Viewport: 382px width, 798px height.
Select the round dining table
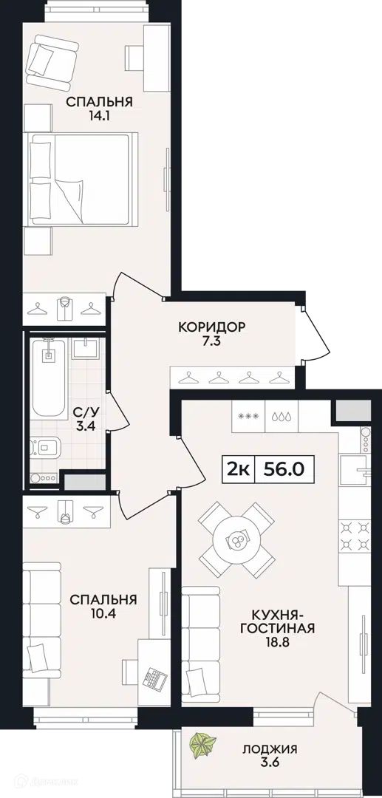pyautogui.click(x=236, y=539)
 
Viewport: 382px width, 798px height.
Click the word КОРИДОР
pyautogui.click(x=212, y=326)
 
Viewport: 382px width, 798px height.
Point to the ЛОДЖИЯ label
pyautogui.click(x=270, y=748)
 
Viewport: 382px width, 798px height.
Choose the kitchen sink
pyautogui.click(x=355, y=468)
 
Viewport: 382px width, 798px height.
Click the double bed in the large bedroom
pyautogui.click(x=82, y=179)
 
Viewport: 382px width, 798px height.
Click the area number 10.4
pyautogui.click(x=103, y=613)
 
